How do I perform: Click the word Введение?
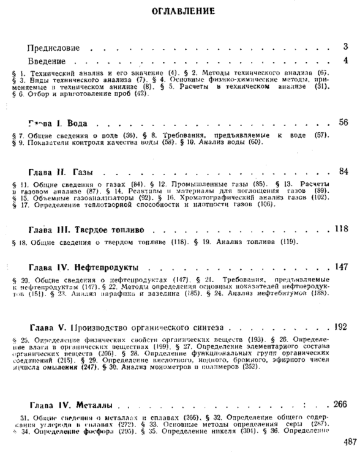tap(47, 61)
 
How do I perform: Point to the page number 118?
tap(342, 229)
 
